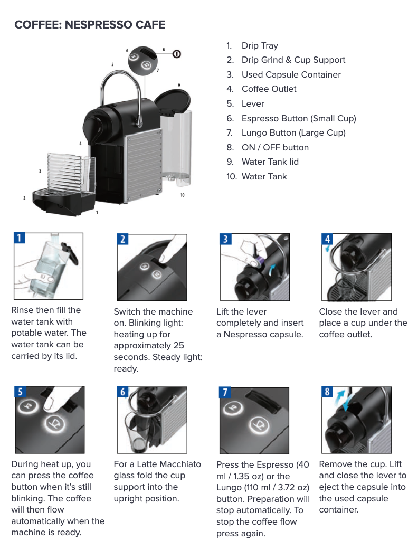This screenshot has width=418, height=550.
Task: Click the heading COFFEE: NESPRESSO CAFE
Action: tap(90, 25)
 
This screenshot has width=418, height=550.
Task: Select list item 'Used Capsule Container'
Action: tap(291, 74)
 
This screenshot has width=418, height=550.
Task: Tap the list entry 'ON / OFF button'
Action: tap(275, 147)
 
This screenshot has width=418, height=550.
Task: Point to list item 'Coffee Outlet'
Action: tap(269, 89)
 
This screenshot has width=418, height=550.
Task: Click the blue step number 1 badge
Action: tap(19, 238)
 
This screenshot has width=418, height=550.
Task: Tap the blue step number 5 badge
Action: tap(20, 392)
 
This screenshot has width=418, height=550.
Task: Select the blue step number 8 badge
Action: tap(327, 392)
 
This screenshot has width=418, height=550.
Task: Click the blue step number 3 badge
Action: tap(225, 239)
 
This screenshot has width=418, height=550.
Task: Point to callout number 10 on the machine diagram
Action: tap(182, 195)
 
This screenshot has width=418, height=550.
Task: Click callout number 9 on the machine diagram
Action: tap(179, 85)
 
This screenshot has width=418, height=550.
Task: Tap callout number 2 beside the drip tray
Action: tap(24, 198)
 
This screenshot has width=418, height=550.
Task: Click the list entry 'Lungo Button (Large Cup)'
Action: tap(293, 132)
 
